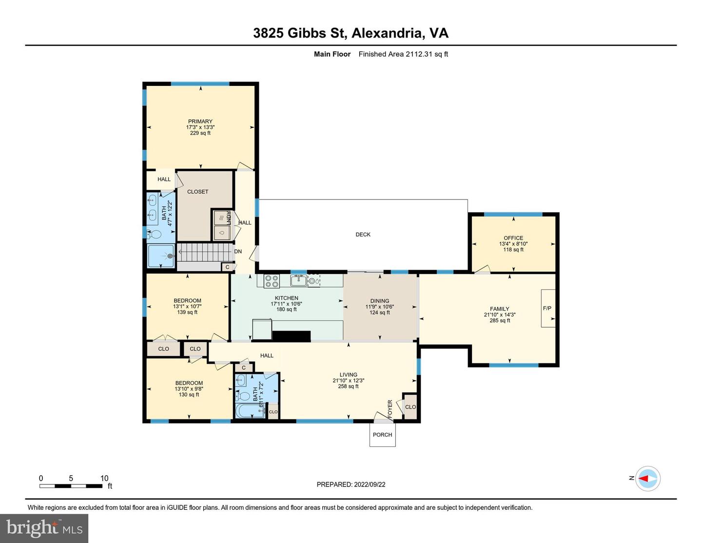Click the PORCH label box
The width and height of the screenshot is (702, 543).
pos(383,435)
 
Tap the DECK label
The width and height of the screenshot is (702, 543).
pos(363,235)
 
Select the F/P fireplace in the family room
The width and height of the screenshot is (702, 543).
pos(548,308)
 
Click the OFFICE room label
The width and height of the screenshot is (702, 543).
pos(513,238)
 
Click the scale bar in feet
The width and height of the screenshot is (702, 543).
pos(71,486)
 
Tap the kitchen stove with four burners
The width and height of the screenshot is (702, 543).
pos(272,281)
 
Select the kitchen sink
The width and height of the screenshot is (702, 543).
pos(298,280)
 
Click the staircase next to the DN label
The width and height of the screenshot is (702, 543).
pos(205,252)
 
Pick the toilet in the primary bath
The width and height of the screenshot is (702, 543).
pos(154,234)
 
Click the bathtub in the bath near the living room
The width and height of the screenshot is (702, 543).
pos(251,410)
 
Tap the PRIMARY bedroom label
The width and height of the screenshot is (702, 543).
pos(200,121)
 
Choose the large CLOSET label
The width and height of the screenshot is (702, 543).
pos(198,192)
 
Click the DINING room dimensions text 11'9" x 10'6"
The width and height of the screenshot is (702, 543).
pos(380,307)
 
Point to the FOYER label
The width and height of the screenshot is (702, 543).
pos(390,408)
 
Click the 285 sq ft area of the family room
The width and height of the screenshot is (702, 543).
pos(500,321)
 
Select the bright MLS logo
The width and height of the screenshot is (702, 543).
pos(44,528)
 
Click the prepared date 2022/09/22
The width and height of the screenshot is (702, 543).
pos(370,484)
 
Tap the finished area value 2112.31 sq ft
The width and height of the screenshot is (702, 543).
pos(427,54)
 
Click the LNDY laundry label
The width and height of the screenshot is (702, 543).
pos(229,218)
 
